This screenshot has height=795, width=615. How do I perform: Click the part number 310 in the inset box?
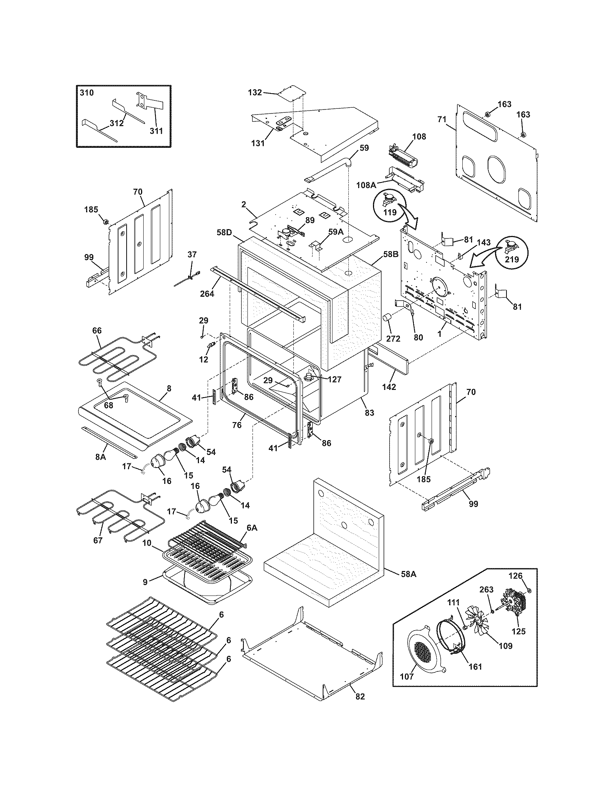click(87, 93)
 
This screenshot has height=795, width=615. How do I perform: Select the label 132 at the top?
click(255, 93)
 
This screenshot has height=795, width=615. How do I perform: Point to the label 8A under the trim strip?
click(101, 457)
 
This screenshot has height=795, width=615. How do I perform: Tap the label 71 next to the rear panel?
click(442, 119)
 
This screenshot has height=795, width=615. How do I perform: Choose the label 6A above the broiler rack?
click(252, 528)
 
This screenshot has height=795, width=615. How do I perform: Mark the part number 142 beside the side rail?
click(389, 387)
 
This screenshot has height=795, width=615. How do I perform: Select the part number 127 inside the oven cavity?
click(334, 380)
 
